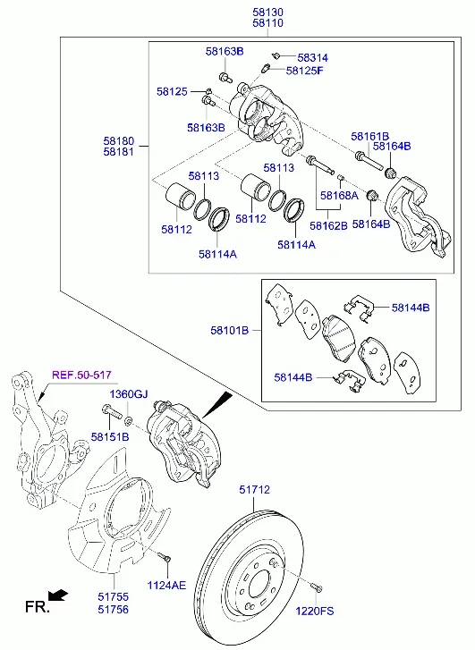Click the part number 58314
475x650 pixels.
312,57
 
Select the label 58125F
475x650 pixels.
304,71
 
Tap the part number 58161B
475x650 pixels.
369,137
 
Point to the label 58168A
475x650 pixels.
339,195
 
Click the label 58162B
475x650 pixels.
328,225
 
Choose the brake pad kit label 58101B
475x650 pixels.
229,331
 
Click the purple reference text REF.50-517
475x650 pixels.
81,376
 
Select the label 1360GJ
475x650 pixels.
129,393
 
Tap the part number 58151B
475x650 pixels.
110,436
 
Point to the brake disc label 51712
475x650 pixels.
254,490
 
